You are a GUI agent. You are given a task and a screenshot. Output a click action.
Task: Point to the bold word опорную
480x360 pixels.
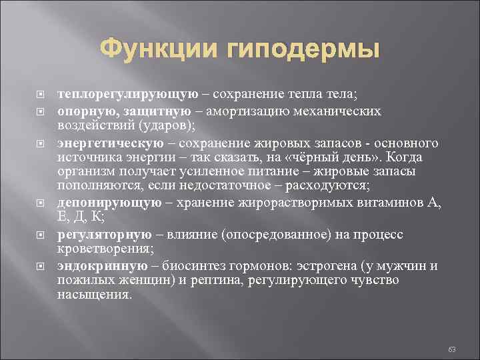[x=83, y=110]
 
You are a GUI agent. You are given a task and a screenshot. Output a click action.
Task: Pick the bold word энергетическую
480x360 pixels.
[x=111, y=143]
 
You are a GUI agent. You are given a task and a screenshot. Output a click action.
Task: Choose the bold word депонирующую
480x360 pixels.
[x=109, y=203]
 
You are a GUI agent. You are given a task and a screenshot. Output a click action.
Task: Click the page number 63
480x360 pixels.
[x=451, y=348]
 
